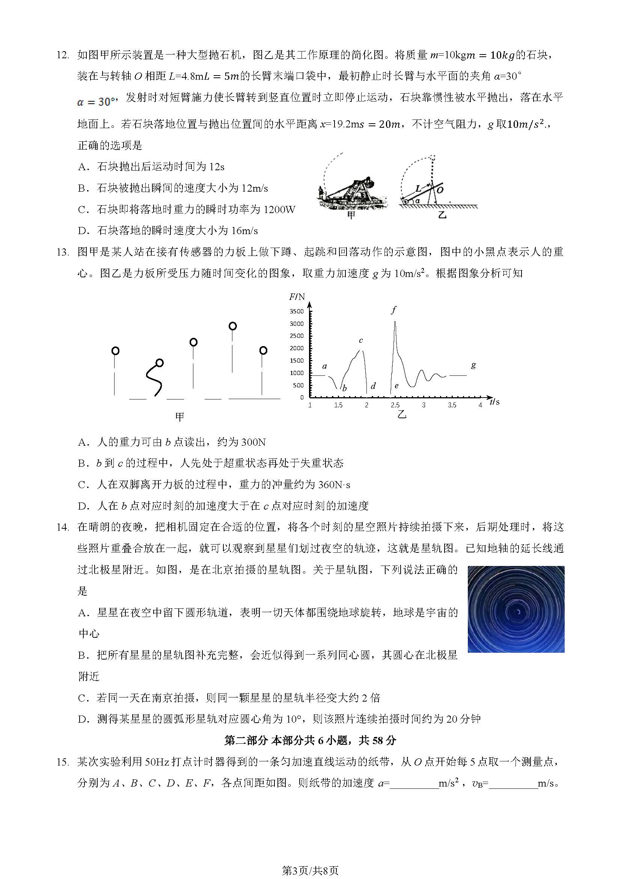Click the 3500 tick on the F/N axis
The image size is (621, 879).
pyautogui.click(x=297, y=311)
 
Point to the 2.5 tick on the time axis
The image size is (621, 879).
pyautogui.click(x=395, y=405)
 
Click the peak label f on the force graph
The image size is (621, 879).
pyautogui.click(x=394, y=310)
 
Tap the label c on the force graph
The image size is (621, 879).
pyautogui.click(x=360, y=340)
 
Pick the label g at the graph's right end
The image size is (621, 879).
pyautogui.click(x=473, y=365)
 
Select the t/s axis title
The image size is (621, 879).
pyautogui.click(x=495, y=402)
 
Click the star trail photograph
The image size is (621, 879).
pyautogui.click(x=516, y=609)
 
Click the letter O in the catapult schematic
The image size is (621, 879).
pyautogui.click(x=440, y=190)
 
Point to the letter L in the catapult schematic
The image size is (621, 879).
pyautogui.click(x=418, y=188)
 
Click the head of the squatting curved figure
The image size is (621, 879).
pyautogui.click(x=160, y=363)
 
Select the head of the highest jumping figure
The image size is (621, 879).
pyautogui.click(x=232, y=326)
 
